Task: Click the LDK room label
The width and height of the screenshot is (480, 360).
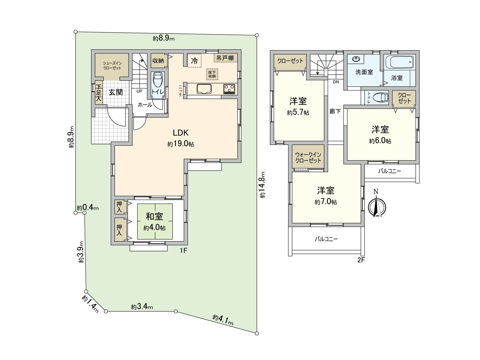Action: [181, 133]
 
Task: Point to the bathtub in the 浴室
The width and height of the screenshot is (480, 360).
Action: [399, 62]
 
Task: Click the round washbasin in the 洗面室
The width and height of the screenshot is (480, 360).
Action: [356, 59]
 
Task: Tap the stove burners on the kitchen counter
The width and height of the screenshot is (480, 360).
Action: [229, 89]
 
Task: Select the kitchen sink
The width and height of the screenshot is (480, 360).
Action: [204, 89]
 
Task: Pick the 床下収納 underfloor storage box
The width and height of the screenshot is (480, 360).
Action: [212, 74]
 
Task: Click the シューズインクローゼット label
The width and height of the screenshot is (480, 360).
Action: [112, 65]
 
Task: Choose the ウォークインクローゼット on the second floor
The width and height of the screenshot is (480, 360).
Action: [308, 157]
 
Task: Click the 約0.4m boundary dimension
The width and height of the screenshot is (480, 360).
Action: [88, 208]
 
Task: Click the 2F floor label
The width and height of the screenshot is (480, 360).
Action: [361, 260]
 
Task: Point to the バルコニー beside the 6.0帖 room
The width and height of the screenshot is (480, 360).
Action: [389, 171]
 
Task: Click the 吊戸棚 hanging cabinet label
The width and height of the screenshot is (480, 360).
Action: [225, 58]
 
